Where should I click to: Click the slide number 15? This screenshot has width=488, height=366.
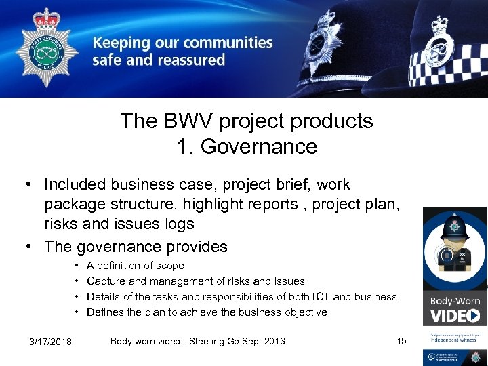pyautogui.click(x=401, y=340)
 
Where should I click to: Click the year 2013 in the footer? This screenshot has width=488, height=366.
pyautogui.click(x=274, y=340)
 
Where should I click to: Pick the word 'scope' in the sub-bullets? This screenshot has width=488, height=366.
pyautogui.click(x=169, y=266)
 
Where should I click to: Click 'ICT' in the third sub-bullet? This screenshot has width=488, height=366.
pyautogui.click(x=322, y=297)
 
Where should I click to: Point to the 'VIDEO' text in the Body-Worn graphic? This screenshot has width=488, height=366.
pyautogui.click(x=455, y=315)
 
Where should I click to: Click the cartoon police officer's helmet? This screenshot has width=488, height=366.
pyautogui.click(x=453, y=228)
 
